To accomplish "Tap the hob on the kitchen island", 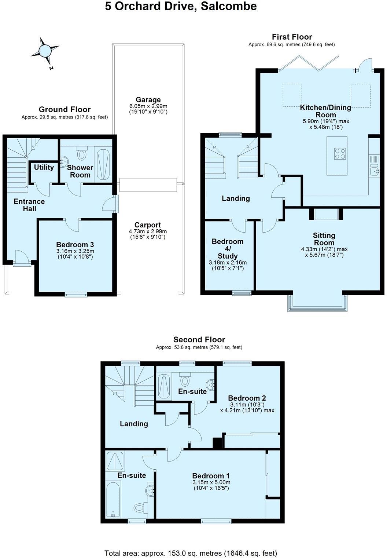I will (x=339, y=153).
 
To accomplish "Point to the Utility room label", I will (x=44, y=167).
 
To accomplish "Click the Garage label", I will (x=148, y=100).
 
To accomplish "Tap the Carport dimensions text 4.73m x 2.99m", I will (x=148, y=231).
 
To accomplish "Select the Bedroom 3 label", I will (x=75, y=245).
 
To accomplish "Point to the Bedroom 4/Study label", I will (x=228, y=248).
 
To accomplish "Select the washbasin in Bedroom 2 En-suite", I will (x=211, y=385).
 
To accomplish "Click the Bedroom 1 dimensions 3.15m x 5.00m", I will (x=211, y=482).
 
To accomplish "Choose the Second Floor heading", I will (x=199, y=340).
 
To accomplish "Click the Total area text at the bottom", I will (x=191, y=553).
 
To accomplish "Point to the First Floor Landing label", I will (x=236, y=198).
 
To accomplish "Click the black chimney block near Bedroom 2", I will (x=218, y=443).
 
